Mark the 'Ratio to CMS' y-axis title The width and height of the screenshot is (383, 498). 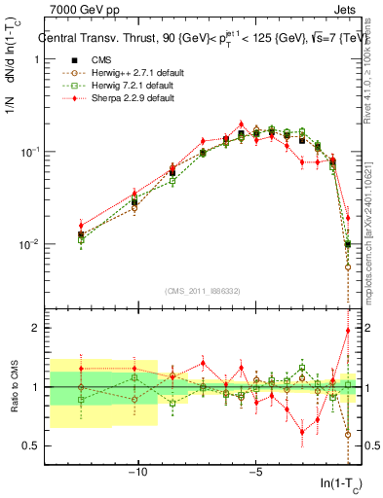coord(13,387)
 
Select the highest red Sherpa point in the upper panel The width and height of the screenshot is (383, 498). coord(241,124)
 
